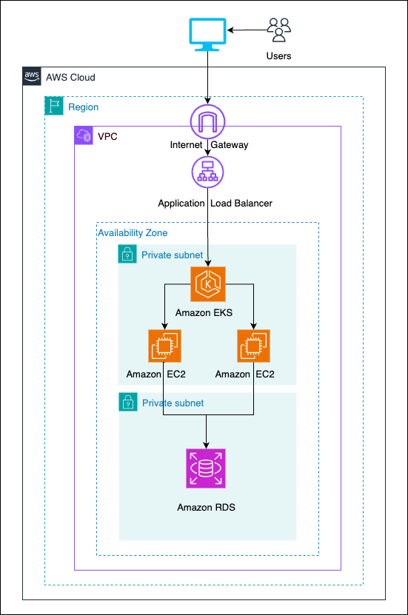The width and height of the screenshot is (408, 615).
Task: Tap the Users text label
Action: pyautogui.click(x=279, y=56)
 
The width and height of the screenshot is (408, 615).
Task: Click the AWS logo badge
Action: pyautogui.click(x=31, y=76)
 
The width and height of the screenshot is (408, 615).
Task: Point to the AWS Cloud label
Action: pyautogui.click(x=70, y=77)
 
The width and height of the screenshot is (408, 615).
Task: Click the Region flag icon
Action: pyautogui.click(x=53, y=107)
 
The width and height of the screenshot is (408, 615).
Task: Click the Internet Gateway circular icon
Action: pyautogui.click(x=207, y=122)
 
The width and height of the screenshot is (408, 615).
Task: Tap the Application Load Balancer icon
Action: pyautogui.click(x=207, y=171)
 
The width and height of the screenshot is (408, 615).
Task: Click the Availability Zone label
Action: pyautogui.click(x=133, y=233)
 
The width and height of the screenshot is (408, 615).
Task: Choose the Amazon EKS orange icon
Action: pyautogui.click(x=208, y=285)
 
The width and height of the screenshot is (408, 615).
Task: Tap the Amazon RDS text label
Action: pyautogui.click(x=207, y=508)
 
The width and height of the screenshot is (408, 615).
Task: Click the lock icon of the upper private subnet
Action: pyautogui.click(x=128, y=255)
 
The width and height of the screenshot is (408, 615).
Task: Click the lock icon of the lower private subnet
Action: pyautogui.click(x=128, y=403)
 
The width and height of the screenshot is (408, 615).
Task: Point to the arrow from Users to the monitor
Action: pyautogui.click(x=247, y=30)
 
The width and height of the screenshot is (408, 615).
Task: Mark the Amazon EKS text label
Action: pyautogui.click(x=204, y=313)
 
